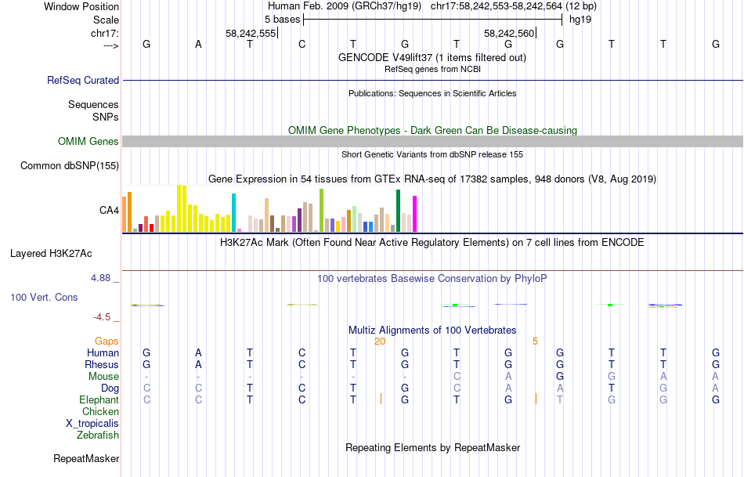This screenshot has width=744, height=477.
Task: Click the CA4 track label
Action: tap(109, 210)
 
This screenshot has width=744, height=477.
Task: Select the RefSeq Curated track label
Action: tap(83, 80)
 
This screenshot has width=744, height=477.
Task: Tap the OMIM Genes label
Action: tap(88, 141)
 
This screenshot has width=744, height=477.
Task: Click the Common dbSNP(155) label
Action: tap(70, 165)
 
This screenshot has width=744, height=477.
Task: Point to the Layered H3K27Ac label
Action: tap(51, 253)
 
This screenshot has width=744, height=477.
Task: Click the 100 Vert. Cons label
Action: tap(44, 298)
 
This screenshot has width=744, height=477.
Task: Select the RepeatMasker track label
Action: tap(86, 458)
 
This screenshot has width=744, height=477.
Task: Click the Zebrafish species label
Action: tap(98, 435)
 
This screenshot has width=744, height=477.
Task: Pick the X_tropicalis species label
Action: tap(92, 423)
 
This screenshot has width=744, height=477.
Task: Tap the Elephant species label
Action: tap(99, 399)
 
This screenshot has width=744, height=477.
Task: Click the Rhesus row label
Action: tap(102, 364)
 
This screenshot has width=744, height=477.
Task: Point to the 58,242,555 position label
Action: tap(251, 33)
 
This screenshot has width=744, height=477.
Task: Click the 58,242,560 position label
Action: tap(509, 33)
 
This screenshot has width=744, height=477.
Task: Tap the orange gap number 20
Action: tap(380, 341)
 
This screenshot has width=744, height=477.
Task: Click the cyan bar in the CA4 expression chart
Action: tap(233, 212)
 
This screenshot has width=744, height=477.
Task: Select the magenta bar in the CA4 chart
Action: tap(414, 213)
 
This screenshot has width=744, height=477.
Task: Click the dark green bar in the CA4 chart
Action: tap(399, 211)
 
